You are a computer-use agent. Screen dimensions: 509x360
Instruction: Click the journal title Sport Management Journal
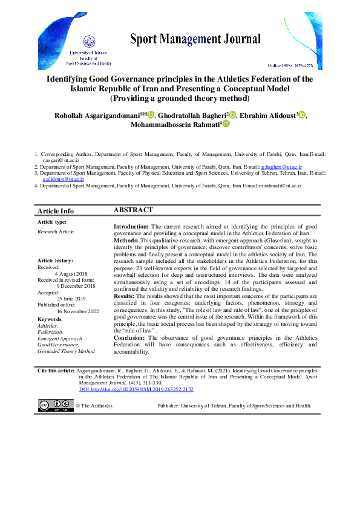click(195, 40)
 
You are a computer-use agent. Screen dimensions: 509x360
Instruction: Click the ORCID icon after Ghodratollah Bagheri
click(232, 115)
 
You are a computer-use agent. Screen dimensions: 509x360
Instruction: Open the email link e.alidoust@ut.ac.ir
click(63, 179)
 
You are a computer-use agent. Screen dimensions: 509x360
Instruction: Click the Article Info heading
click(56, 211)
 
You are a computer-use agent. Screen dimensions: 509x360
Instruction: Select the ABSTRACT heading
click(134, 210)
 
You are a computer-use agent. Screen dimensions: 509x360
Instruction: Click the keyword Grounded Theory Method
click(66, 351)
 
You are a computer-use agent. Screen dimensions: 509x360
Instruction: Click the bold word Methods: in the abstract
click(126, 240)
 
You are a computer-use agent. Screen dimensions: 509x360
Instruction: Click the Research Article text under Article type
click(55, 232)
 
